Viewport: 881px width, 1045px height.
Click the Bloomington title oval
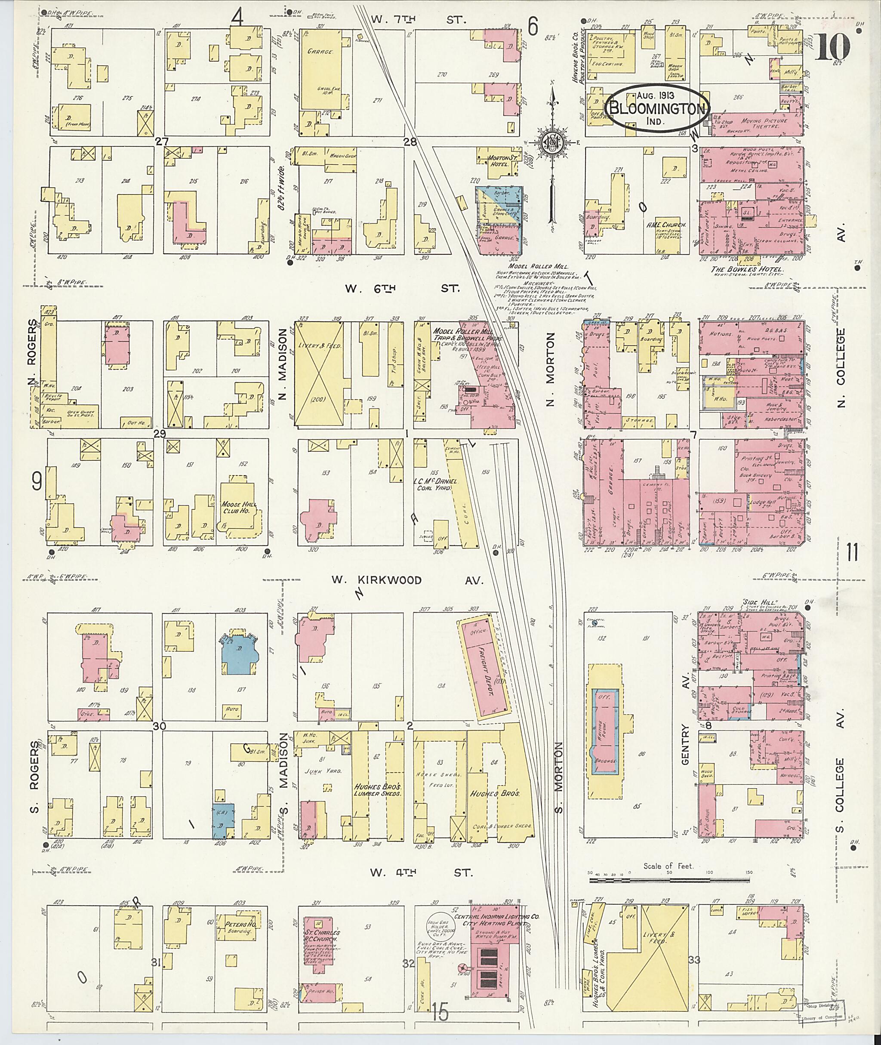[x=657, y=108]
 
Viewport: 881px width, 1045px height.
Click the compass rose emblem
[x=552, y=145]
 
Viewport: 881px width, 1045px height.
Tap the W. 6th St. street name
[x=404, y=288]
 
